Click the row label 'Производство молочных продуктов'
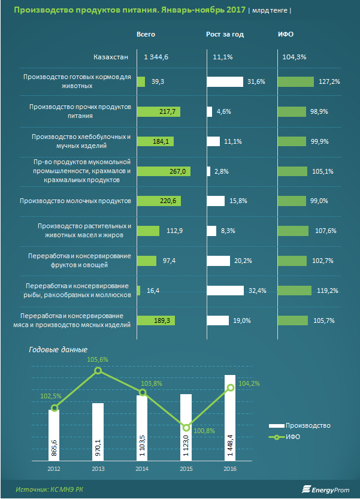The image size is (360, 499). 75,201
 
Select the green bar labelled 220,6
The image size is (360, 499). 159,201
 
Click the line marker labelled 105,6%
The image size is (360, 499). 99,371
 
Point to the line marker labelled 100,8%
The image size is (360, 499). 186,428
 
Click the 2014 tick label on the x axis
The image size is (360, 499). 142,468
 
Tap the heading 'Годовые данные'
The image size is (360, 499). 58,349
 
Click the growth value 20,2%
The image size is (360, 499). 241,261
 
